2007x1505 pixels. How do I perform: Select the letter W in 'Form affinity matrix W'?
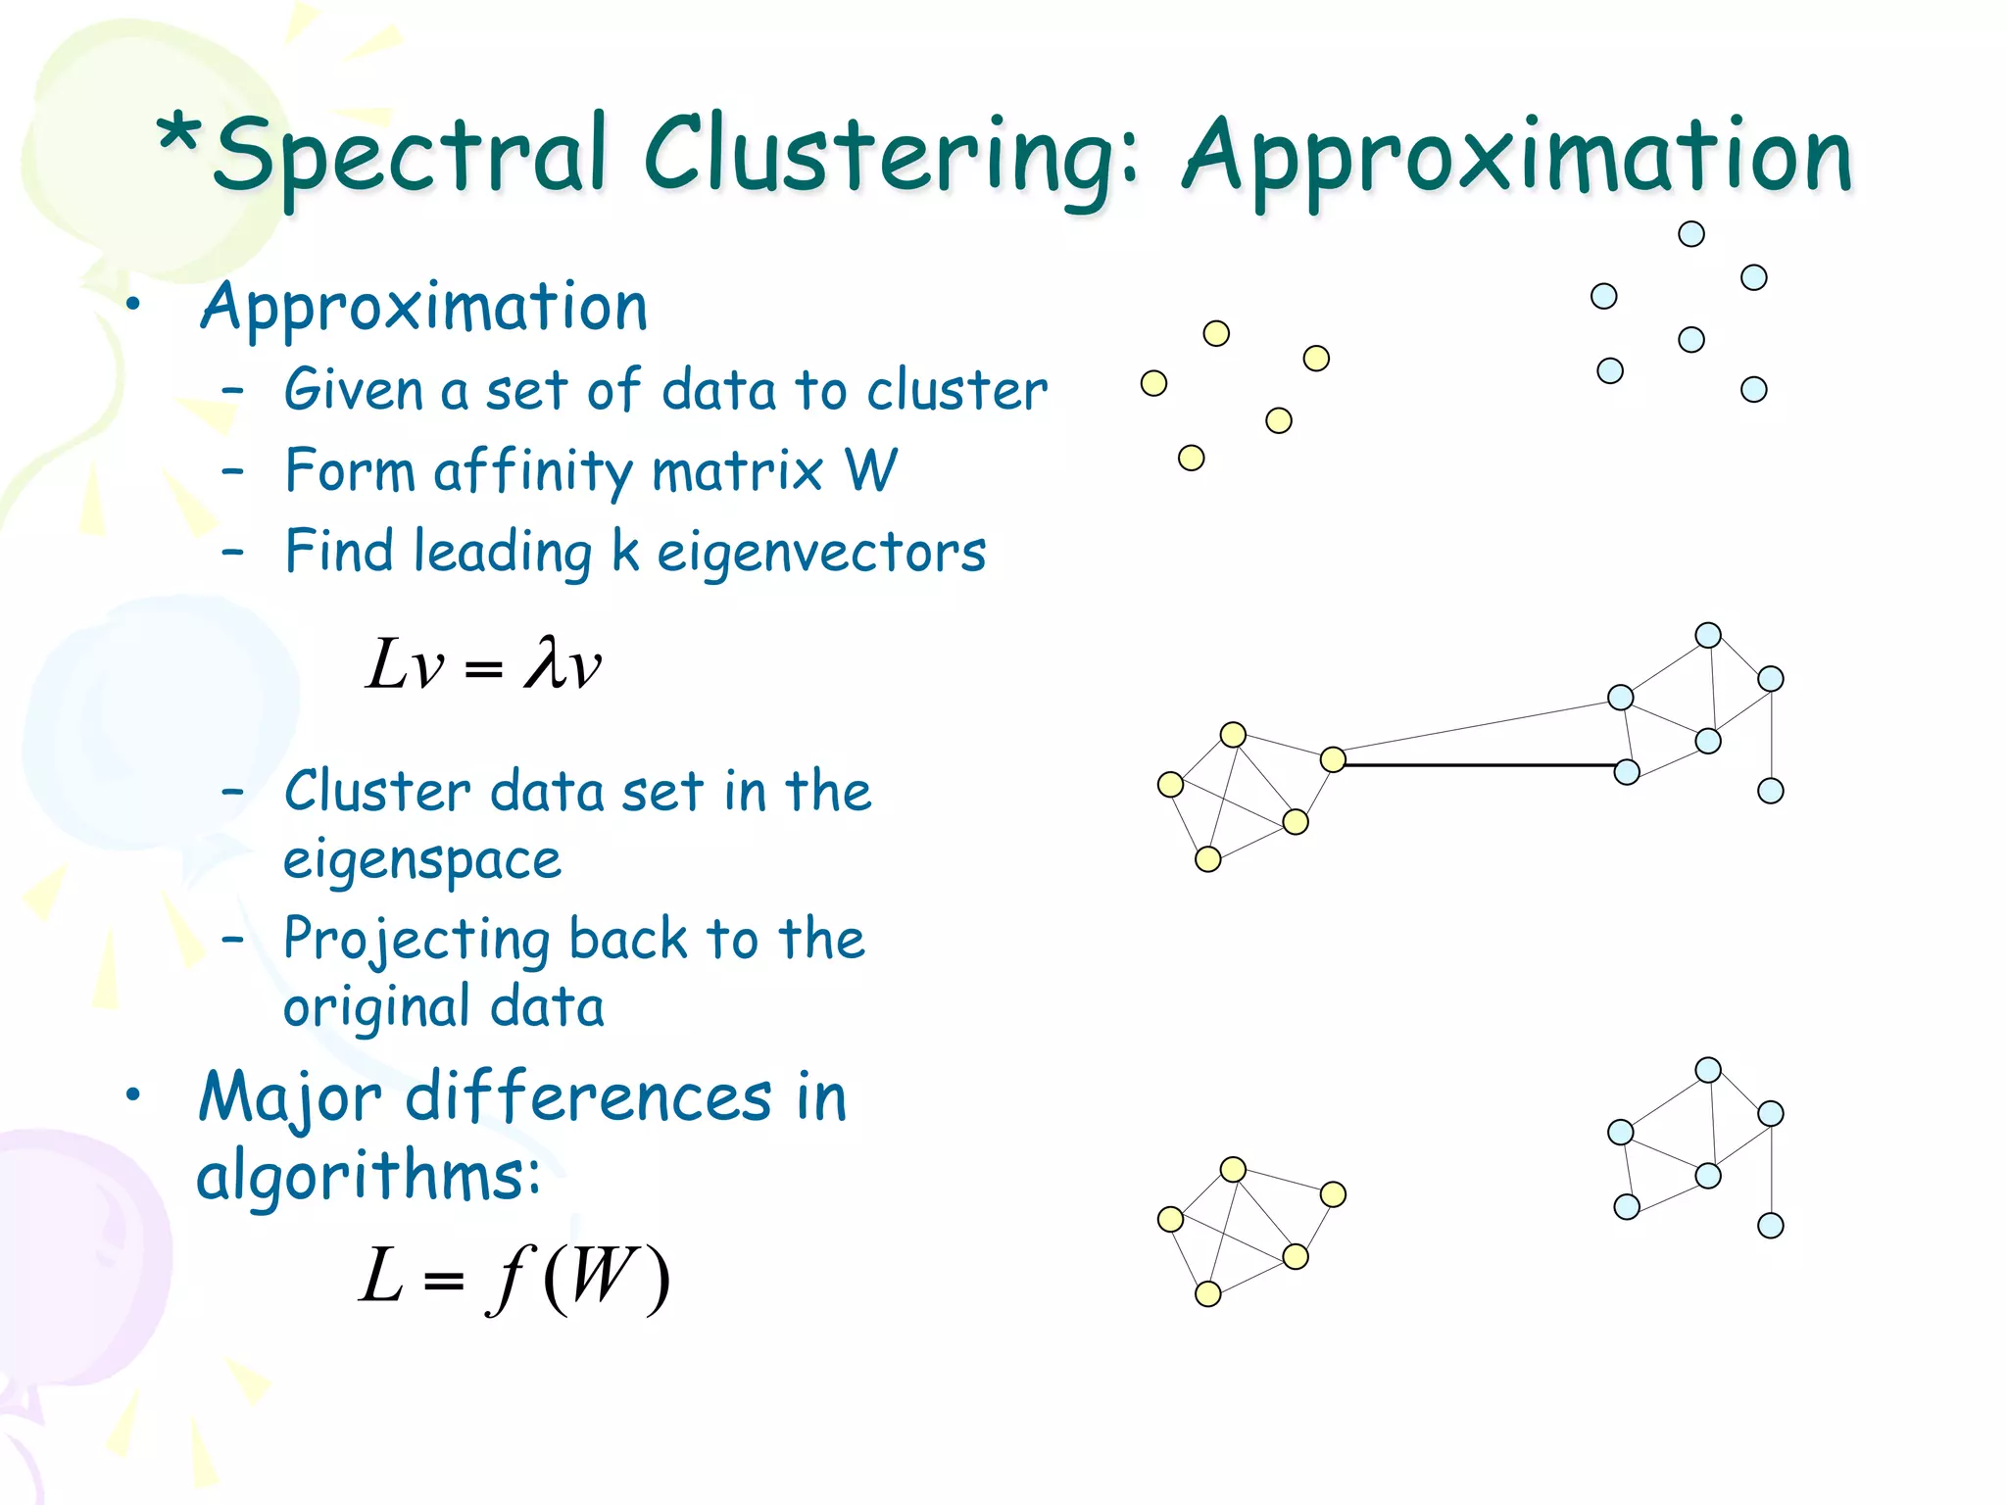click(x=870, y=470)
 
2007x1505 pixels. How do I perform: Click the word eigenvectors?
click(x=821, y=552)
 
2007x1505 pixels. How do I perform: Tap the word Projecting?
click(x=416, y=939)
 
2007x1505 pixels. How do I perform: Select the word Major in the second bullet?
click(x=290, y=1097)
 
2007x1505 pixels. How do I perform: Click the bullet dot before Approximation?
click(x=133, y=305)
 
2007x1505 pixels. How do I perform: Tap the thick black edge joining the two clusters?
click(x=1480, y=764)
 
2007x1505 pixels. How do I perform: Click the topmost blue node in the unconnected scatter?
click(x=1691, y=234)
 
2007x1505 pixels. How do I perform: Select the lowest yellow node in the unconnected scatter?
click(x=1191, y=458)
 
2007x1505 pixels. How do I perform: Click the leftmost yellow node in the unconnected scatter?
click(x=1153, y=383)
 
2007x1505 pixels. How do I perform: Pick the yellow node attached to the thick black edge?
click(x=1333, y=759)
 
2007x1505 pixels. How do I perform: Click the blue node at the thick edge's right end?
click(x=1627, y=772)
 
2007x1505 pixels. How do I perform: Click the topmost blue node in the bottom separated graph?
click(x=1708, y=1070)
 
